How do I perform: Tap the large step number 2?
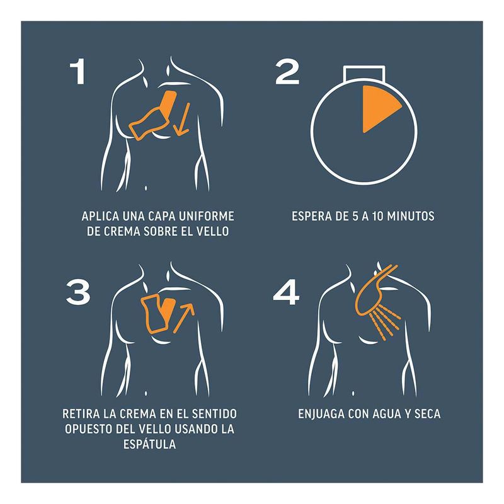(x=287, y=72)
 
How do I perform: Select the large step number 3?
(x=78, y=292)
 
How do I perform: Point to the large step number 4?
(x=287, y=292)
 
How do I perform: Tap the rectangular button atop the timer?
(x=364, y=73)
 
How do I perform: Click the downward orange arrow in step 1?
(x=182, y=118)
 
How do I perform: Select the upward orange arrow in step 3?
(x=183, y=318)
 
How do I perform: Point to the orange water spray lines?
(x=385, y=323)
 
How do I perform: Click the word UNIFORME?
(x=207, y=216)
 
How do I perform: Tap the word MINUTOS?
(x=411, y=216)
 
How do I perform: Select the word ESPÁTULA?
(x=150, y=444)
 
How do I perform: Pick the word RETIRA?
(x=81, y=413)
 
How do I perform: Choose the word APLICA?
(x=100, y=216)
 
